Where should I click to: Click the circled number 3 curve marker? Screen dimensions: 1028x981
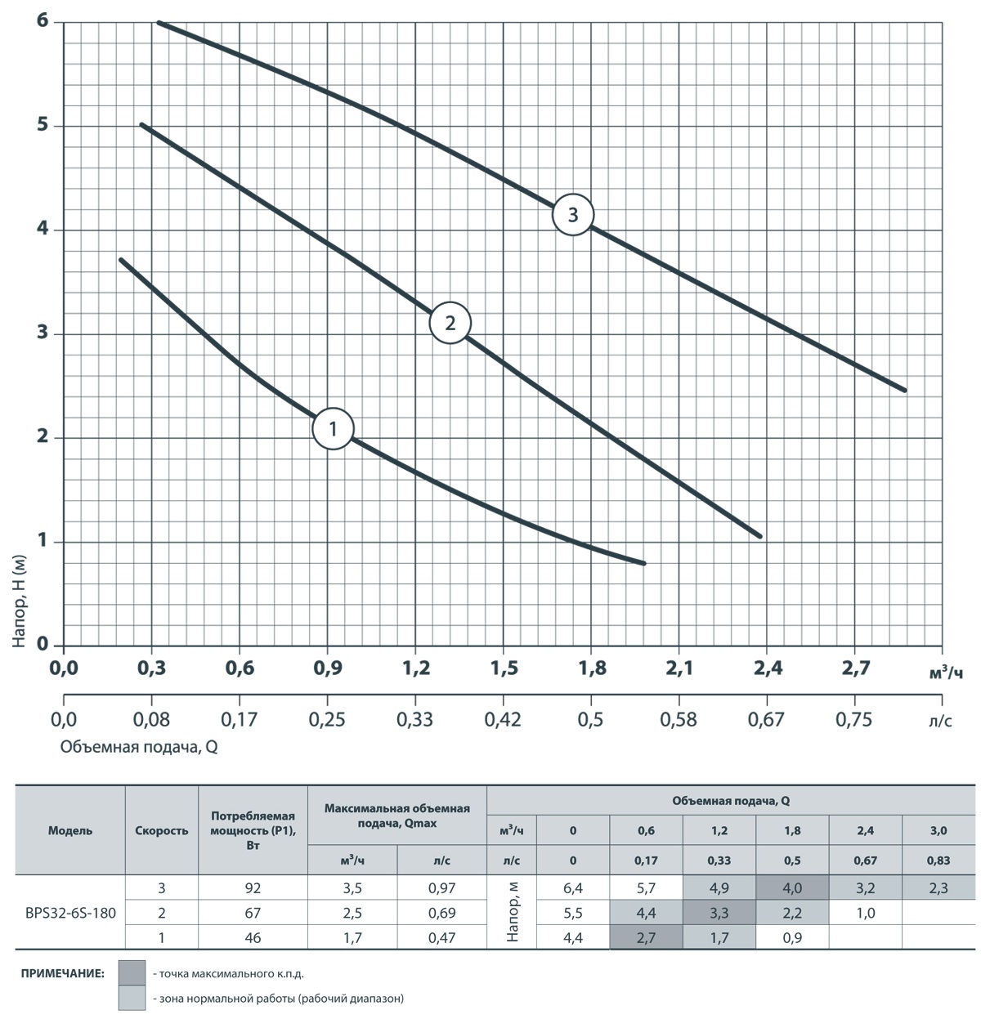[x=572, y=215]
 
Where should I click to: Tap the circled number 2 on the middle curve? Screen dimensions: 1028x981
[x=450, y=323]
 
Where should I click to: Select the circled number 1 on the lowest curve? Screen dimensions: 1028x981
[x=333, y=428]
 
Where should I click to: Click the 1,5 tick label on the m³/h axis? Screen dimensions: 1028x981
[x=504, y=668]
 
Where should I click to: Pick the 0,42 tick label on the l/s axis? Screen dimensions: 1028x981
[x=503, y=719]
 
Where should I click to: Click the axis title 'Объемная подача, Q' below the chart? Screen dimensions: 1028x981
[x=138, y=746]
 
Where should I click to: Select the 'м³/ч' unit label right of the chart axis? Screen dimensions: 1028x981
[x=947, y=673]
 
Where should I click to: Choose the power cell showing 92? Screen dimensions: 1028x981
[x=253, y=887]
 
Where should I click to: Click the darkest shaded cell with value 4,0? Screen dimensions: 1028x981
[x=792, y=887]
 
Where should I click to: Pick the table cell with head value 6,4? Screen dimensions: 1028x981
[x=573, y=887]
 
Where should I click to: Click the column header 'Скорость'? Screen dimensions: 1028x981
[x=161, y=830]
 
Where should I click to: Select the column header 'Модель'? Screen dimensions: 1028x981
[x=70, y=830]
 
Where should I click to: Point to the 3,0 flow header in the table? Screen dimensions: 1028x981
[x=938, y=830]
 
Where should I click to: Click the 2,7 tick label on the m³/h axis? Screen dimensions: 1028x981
[x=855, y=668]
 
